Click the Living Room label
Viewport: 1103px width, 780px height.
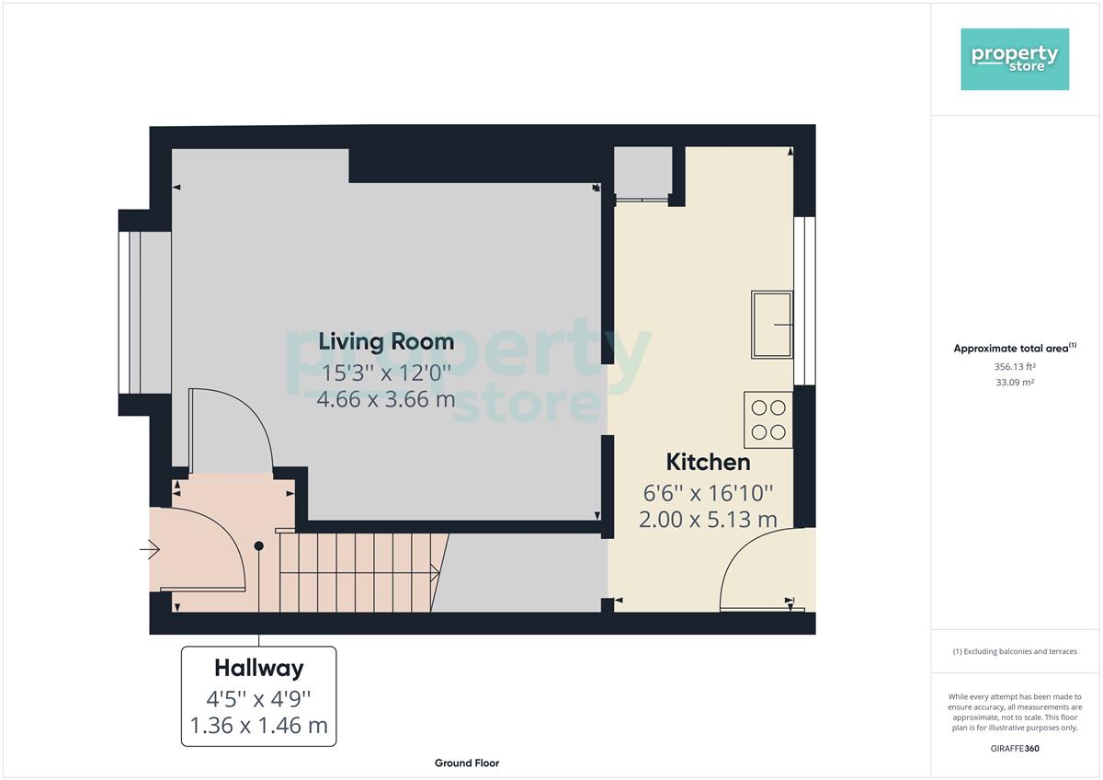click(386, 342)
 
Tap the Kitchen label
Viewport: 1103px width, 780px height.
click(708, 462)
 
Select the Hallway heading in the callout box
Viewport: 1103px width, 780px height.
click(259, 669)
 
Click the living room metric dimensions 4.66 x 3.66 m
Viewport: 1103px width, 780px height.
click(386, 399)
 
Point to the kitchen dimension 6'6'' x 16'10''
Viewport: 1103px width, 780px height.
click(708, 493)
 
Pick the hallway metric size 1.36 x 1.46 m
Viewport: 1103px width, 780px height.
click(259, 726)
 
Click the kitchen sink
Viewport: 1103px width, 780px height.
click(771, 325)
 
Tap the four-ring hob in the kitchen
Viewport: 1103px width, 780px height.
click(768, 419)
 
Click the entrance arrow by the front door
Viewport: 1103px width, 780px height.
click(150, 549)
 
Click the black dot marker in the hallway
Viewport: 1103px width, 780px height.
click(258, 546)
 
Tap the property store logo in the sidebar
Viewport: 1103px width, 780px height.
click(1015, 59)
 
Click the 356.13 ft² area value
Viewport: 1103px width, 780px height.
click(1015, 367)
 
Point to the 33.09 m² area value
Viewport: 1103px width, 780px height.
click(1015, 383)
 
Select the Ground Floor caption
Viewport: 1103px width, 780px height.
click(467, 763)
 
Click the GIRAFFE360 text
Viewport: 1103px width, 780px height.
click(1015, 749)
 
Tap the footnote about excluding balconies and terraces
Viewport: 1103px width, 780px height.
click(1015, 651)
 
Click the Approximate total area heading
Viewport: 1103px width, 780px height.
click(1015, 349)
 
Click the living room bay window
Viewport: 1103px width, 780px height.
click(130, 313)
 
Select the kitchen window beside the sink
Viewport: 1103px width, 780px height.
click(804, 301)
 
